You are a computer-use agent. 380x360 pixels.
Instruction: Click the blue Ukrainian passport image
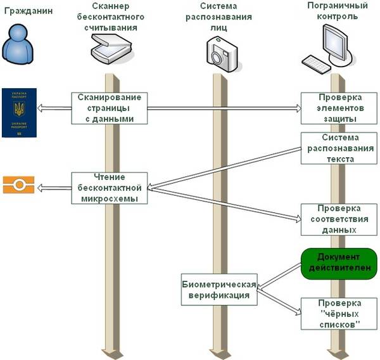click(x=16, y=113)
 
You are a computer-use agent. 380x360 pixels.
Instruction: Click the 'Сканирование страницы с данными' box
click(x=110, y=108)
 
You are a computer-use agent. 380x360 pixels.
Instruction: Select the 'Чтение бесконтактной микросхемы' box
click(x=110, y=188)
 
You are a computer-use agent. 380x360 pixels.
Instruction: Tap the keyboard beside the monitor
click(x=317, y=62)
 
